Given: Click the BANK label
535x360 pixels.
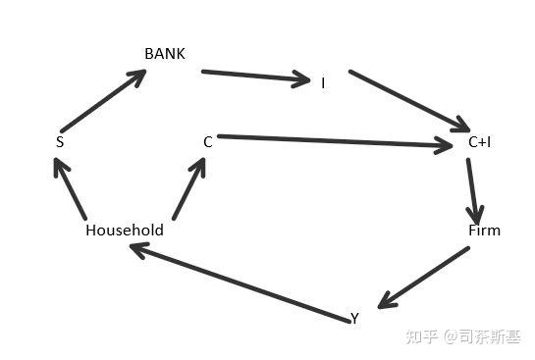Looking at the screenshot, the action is coord(165,54).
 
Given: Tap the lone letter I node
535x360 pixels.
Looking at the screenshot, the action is coord(323,83).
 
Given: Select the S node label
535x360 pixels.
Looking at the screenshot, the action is coord(60,142).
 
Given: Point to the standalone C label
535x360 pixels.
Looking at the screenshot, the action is coord(208,142).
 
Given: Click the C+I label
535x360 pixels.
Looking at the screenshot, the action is coord(479,142).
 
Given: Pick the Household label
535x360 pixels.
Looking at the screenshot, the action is coord(125,231).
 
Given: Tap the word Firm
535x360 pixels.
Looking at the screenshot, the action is coord(484,231).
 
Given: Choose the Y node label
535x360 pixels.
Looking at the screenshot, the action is coord(354,318).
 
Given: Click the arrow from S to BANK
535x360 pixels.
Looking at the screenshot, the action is coord(103,101).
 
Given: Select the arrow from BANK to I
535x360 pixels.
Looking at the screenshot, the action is coord(256,77).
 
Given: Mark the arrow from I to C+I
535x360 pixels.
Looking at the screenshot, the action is coord(409,101).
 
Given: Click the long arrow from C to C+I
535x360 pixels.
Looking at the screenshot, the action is coord(335,141).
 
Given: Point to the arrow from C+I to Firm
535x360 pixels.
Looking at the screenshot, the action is coord(473,192).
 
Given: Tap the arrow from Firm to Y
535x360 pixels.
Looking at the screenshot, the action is coord(423,278).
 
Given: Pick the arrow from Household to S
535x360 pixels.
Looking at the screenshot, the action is coord(70,188).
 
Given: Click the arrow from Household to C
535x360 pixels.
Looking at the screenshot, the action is coord(189,188).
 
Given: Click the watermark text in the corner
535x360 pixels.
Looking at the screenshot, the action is coord(463,336).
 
